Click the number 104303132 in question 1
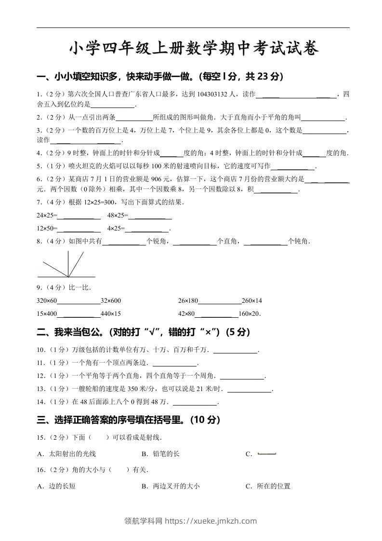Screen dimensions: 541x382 click(x=213, y=94)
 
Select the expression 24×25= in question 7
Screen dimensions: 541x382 click(x=47, y=215)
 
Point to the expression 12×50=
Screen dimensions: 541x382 click(x=47, y=228)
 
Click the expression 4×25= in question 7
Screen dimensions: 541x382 click(x=116, y=228)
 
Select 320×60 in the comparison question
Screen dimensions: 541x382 click(x=47, y=301)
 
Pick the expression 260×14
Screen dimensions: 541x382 click(x=251, y=301)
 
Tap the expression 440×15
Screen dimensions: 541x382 click(x=110, y=314)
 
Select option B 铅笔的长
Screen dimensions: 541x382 click(x=160, y=454)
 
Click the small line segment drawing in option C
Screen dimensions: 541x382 click(x=267, y=454)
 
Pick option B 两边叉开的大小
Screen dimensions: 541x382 click(x=171, y=486)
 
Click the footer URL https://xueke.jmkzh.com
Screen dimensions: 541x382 click(x=211, y=521)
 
